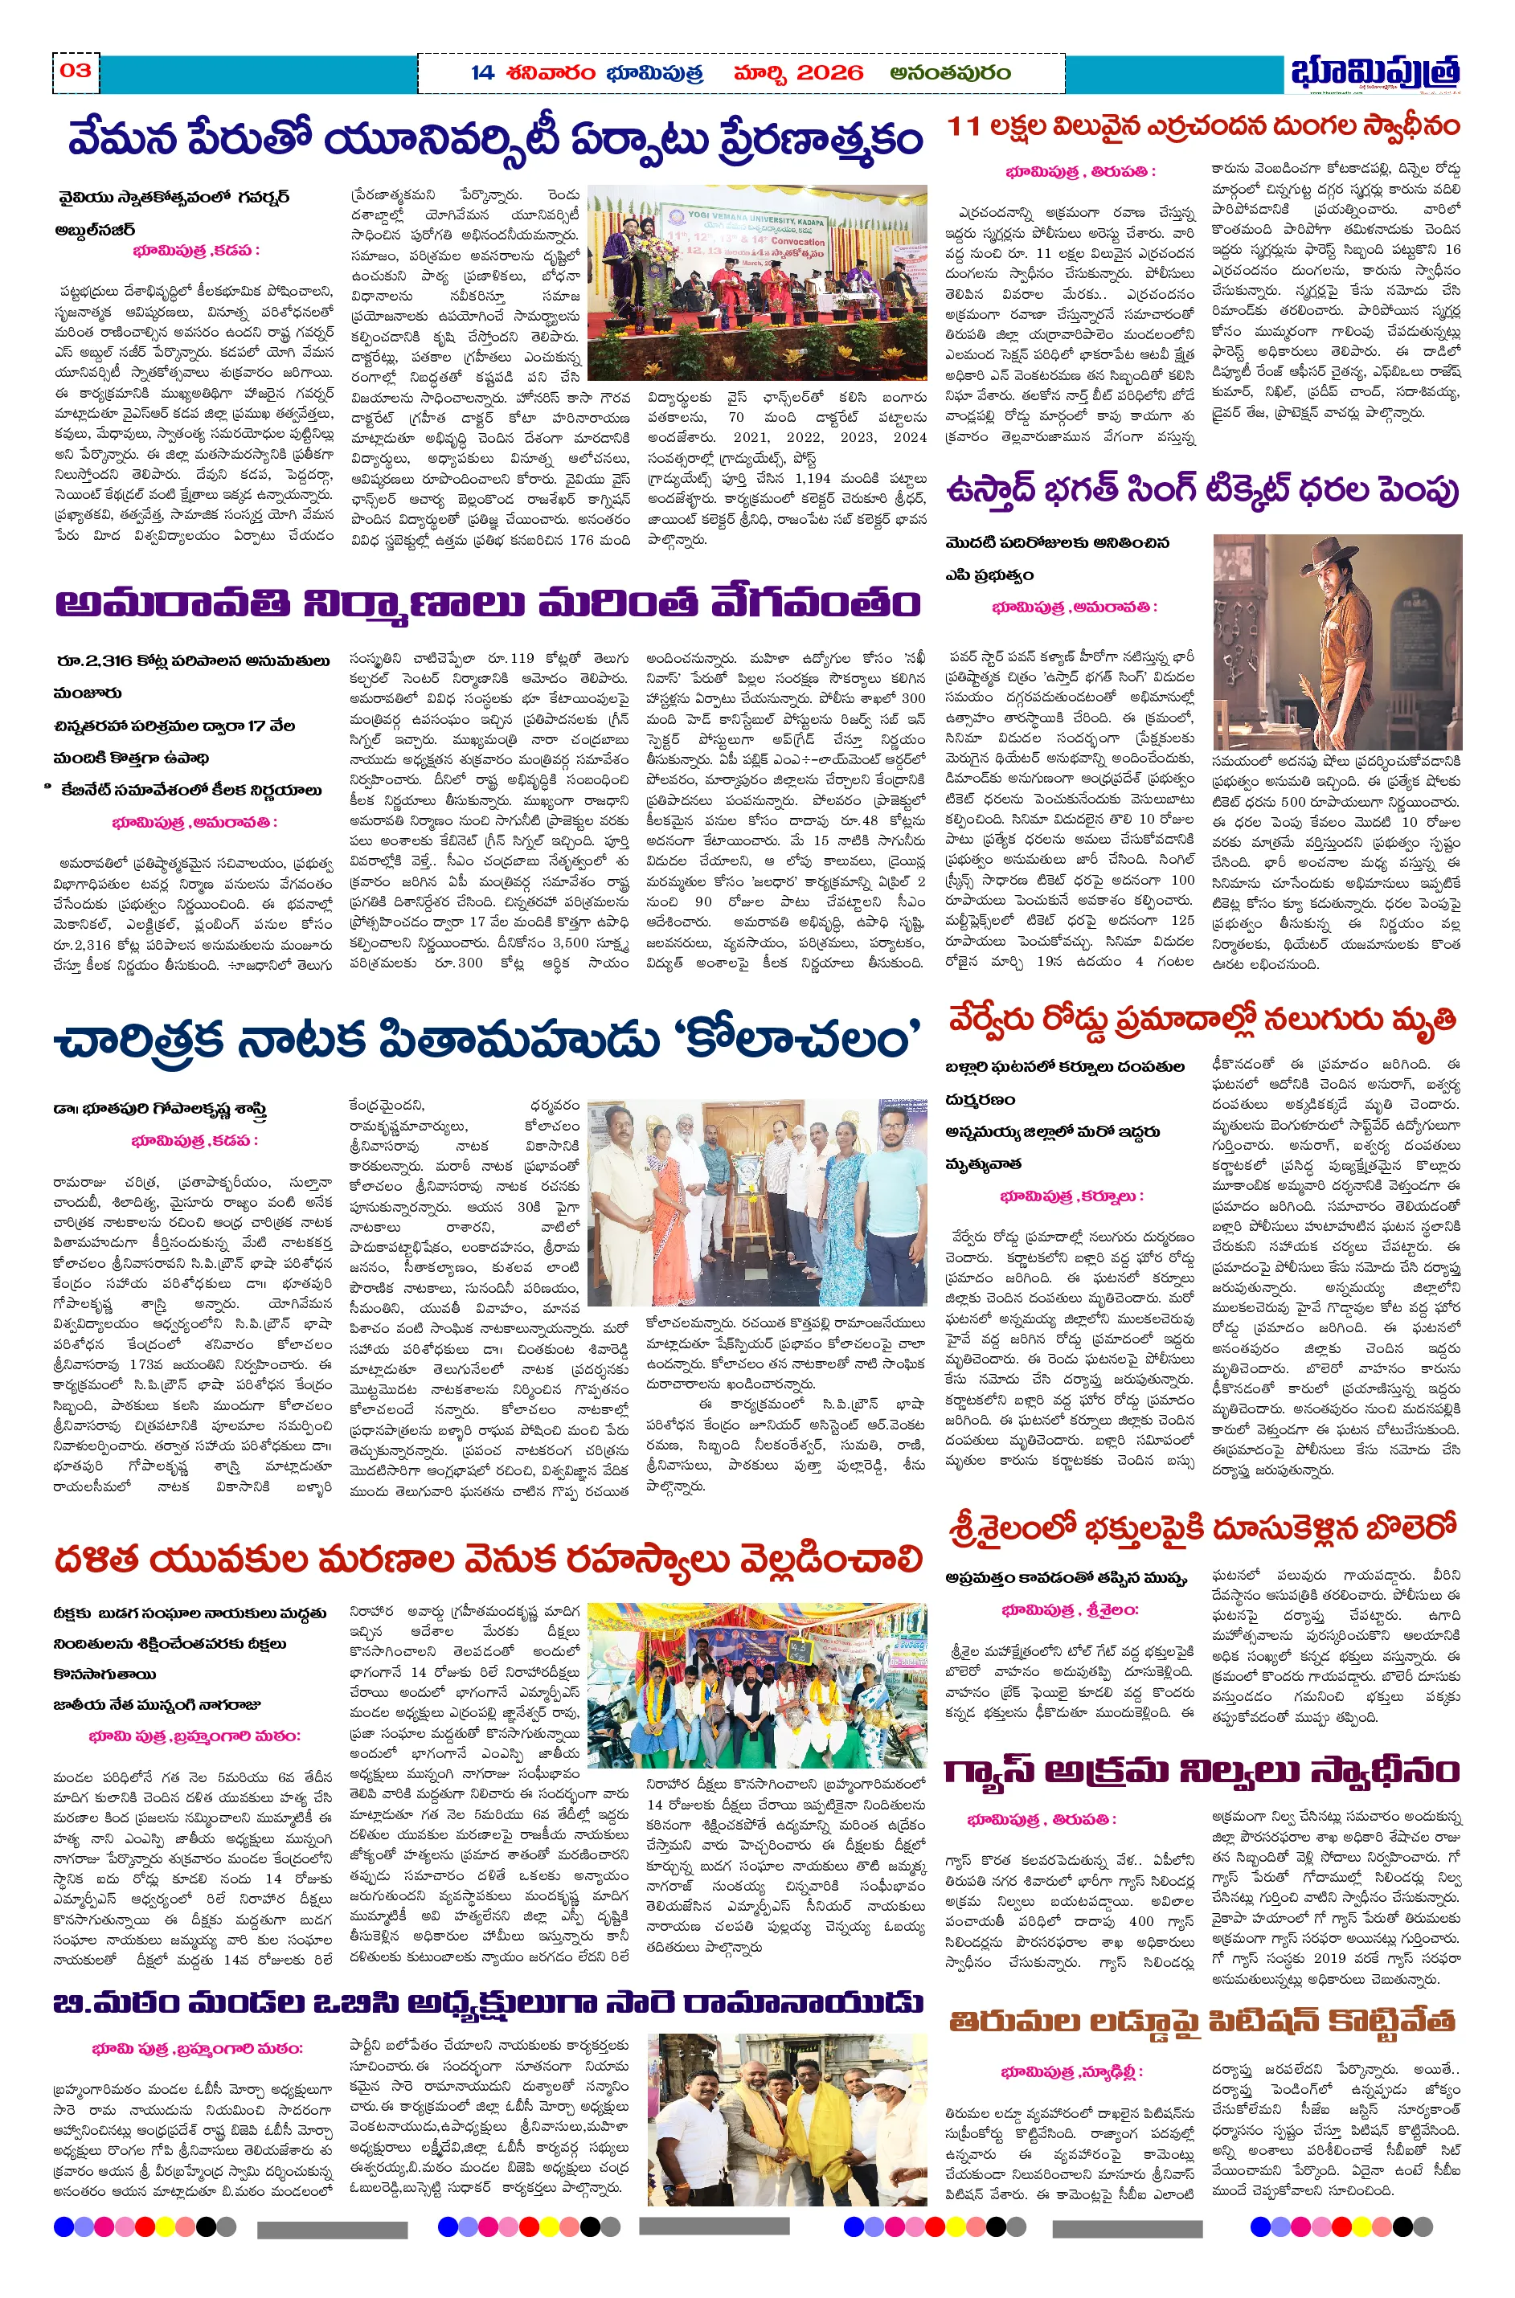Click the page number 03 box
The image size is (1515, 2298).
[76, 71]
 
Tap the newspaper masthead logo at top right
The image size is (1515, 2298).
[1374, 73]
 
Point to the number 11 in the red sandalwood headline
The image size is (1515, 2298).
[964, 126]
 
